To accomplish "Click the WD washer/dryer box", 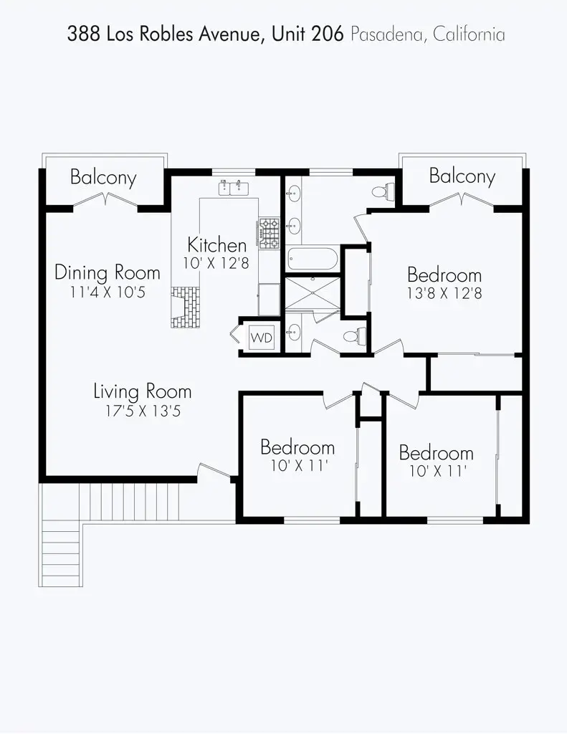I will coord(262,338).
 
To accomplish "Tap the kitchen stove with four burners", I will coord(269,234).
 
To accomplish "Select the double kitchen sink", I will coord(233,189).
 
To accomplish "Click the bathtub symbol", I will coord(312,259).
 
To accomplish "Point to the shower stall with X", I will coord(312,294).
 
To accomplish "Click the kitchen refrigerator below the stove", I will coord(269,298).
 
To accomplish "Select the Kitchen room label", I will coord(216,244).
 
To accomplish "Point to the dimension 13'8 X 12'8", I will coord(444,293).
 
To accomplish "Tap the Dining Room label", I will coord(108,273).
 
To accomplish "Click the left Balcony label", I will coord(103,178).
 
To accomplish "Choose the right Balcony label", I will coord(462,176).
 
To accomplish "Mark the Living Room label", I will coord(143,391).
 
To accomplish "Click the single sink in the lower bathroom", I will coord(294,333).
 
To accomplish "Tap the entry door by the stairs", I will coord(215,471).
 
